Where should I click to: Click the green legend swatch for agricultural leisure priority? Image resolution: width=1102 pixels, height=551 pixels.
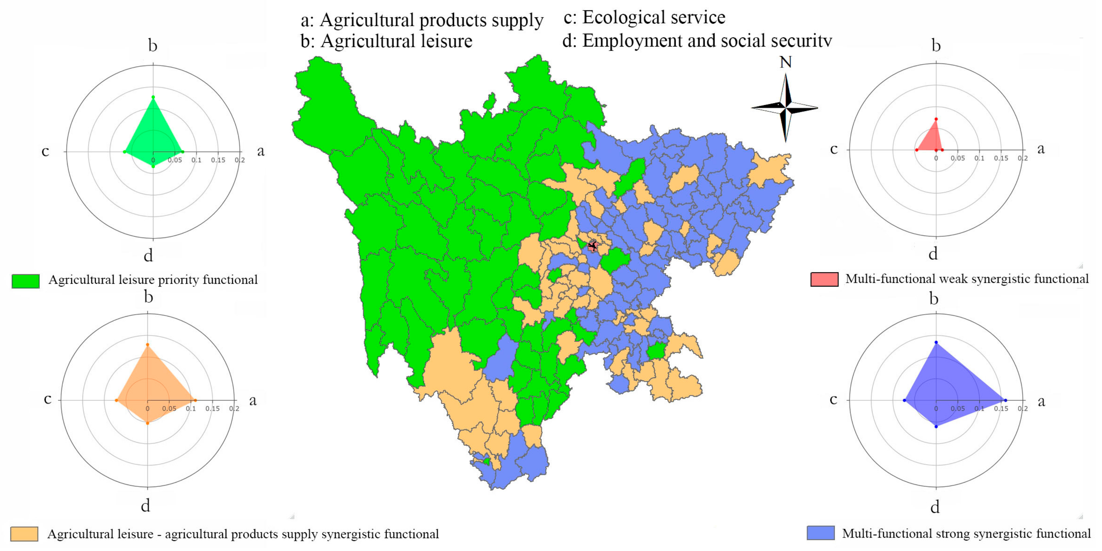tap(26, 281)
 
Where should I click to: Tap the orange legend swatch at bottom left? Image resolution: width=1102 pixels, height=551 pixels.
tap(24, 534)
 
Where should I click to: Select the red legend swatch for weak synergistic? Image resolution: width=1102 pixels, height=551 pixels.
tap(824, 279)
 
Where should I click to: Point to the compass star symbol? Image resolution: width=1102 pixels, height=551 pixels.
tap(785, 108)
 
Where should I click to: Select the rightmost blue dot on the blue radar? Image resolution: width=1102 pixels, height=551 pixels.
tap(1005, 401)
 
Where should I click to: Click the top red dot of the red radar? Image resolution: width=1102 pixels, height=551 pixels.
tap(936, 119)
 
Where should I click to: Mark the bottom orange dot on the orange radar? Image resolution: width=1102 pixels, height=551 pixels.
tap(148, 423)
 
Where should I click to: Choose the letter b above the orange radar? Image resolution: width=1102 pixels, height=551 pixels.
tap(148, 297)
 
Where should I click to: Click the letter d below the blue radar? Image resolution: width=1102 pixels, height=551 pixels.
tap(935, 507)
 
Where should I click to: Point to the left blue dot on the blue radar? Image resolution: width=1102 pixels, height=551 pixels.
tap(904, 401)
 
